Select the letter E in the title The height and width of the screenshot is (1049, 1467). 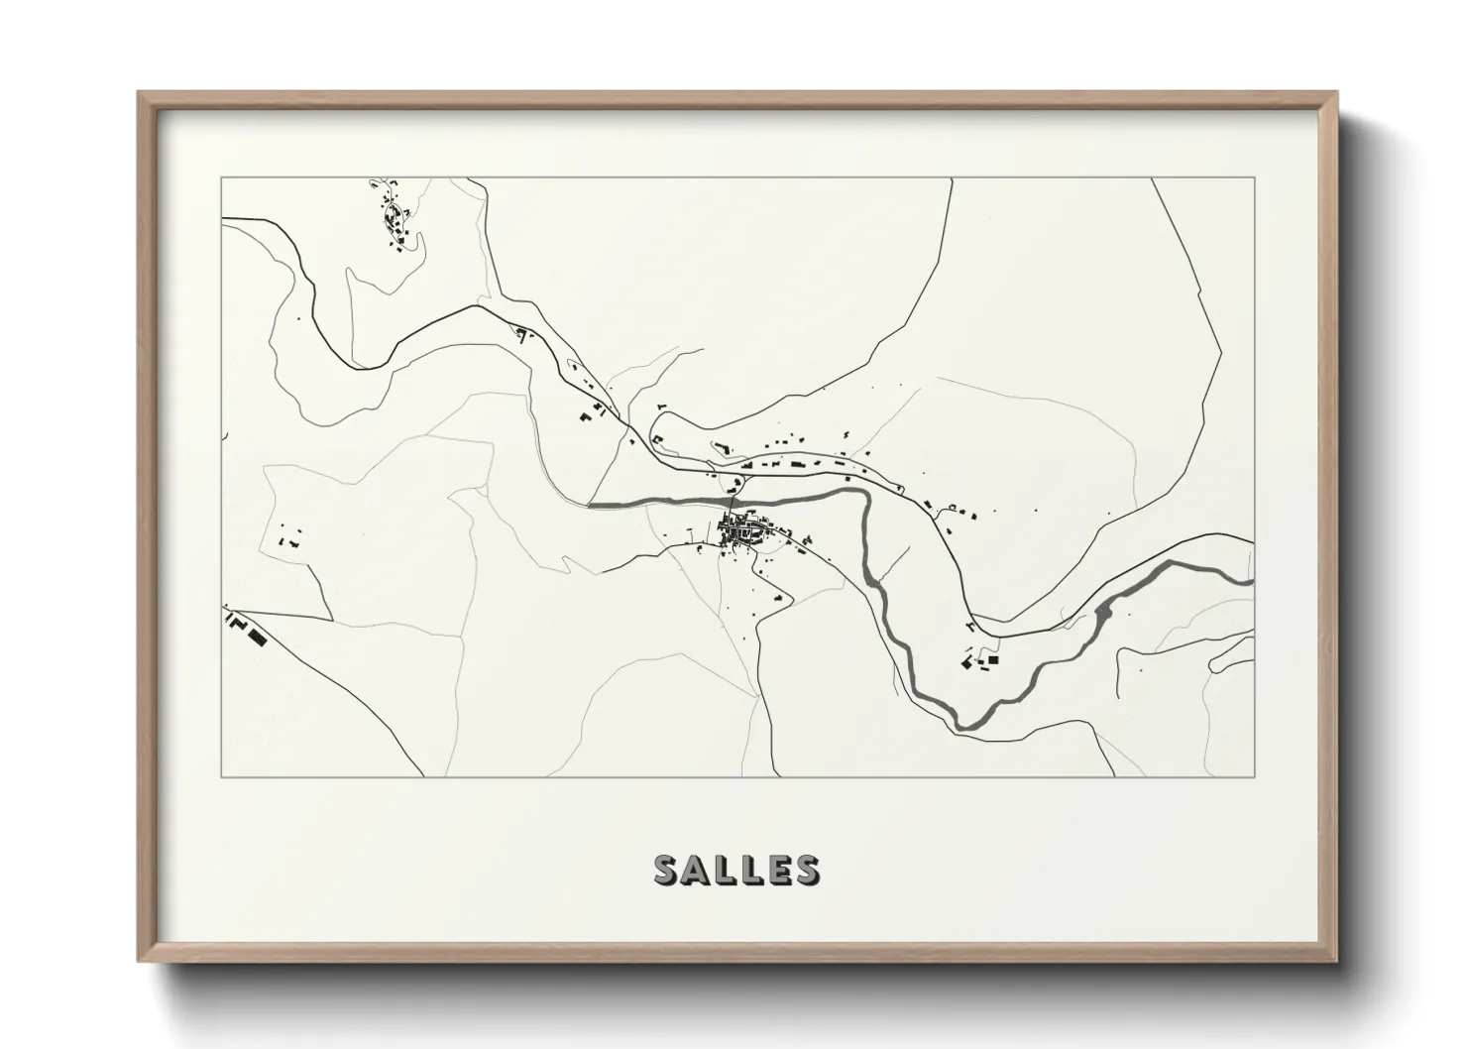point(776,870)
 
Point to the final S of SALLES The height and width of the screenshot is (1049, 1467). point(806,870)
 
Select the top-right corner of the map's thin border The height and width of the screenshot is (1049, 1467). point(1255,177)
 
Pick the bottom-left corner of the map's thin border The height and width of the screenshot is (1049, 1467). point(222,776)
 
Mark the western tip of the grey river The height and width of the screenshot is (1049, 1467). point(592,505)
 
